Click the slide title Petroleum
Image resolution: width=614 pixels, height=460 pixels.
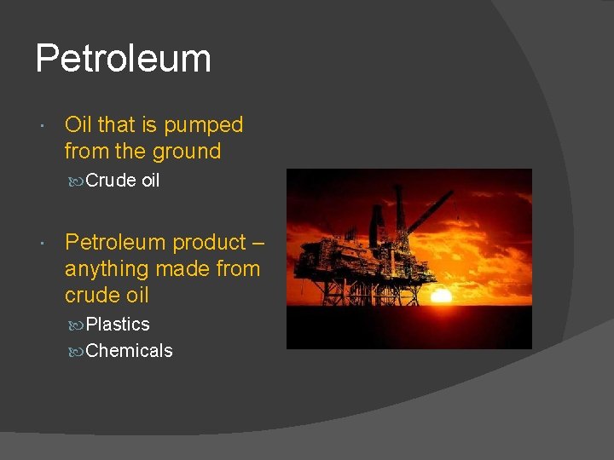pyautogui.click(x=123, y=59)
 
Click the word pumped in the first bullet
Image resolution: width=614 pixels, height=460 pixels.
pyautogui.click(x=203, y=125)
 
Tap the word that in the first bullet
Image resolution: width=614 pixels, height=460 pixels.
pyautogui.click(x=117, y=125)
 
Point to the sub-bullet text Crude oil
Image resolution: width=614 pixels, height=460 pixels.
pyautogui.click(x=123, y=181)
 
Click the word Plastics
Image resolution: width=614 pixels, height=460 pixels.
pyautogui.click(x=118, y=325)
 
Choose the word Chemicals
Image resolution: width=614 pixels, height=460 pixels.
pyautogui.click(x=130, y=351)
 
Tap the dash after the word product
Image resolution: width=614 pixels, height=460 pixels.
pyautogui.click(x=258, y=243)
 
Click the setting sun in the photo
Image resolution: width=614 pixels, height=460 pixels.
pyautogui.click(x=441, y=296)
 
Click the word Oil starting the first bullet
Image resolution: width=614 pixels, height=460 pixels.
pyautogui.click(x=78, y=125)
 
